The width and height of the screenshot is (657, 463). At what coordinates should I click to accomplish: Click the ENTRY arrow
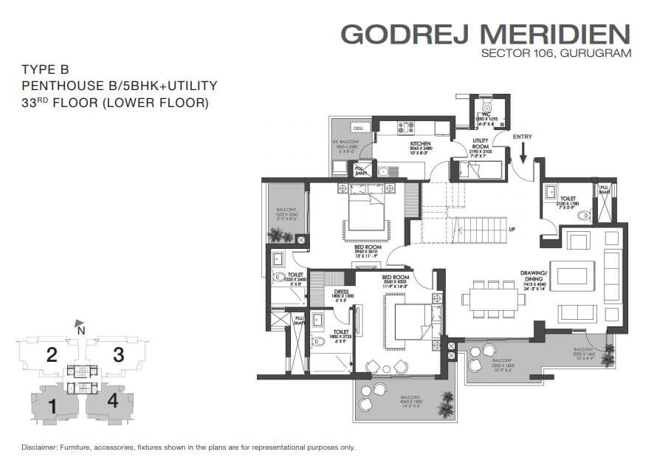point(523,151)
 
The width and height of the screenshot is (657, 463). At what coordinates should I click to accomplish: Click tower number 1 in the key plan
point(52,405)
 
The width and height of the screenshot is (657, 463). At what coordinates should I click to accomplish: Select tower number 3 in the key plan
point(117,354)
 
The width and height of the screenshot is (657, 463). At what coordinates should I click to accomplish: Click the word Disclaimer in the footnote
point(41,447)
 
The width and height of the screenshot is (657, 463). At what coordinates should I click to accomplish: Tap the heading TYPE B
point(45,69)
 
